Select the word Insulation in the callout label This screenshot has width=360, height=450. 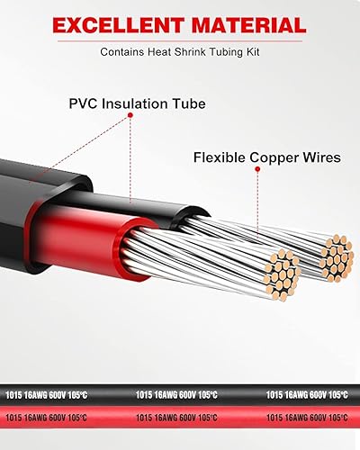pos(140,104)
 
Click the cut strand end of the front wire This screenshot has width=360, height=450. pos(280,268)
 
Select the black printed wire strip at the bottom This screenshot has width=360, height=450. pos(180,394)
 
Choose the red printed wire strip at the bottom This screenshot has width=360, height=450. pos(180,417)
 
